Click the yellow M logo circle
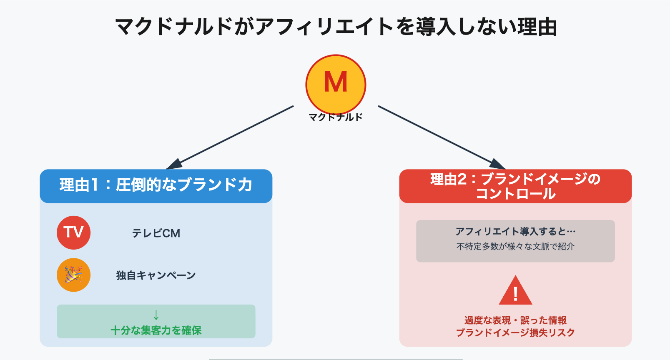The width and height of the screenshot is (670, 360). click(x=336, y=83)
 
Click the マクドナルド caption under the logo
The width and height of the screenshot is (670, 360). click(x=336, y=117)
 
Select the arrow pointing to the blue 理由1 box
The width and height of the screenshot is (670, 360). click(x=233, y=136)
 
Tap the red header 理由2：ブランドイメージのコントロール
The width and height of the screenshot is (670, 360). click(x=515, y=186)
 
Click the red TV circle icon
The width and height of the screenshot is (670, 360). click(x=73, y=232)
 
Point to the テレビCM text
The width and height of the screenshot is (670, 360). click(x=156, y=233)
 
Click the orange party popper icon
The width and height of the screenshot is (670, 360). click(x=73, y=275)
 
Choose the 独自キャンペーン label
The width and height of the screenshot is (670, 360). click(x=156, y=275)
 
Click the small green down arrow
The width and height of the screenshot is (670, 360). click(x=156, y=315)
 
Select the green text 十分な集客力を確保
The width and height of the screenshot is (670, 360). click(x=156, y=330)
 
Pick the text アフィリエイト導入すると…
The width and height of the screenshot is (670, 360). click(x=515, y=232)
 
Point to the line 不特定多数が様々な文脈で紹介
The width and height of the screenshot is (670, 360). click(x=515, y=246)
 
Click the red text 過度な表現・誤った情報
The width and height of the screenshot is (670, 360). click(x=515, y=320)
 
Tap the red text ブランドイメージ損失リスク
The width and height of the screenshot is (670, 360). click(x=515, y=332)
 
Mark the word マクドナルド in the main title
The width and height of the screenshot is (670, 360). click(x=173, y=27)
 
